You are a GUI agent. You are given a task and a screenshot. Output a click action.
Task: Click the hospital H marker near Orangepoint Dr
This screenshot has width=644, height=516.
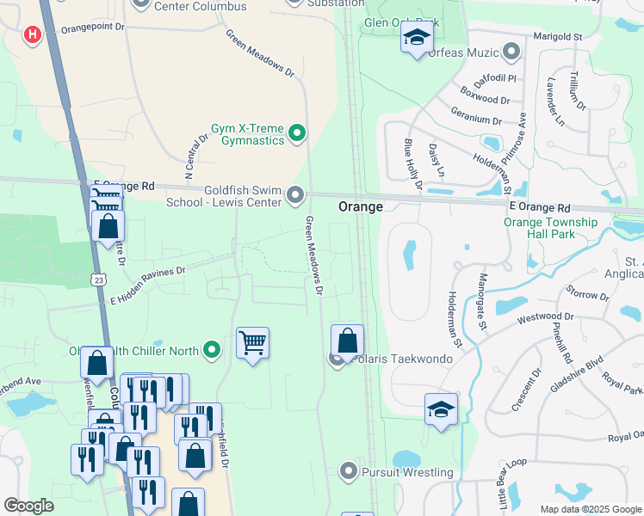pos(33,34)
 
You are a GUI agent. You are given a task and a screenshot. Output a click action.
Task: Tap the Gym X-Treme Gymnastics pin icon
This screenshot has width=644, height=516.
pos(297,132)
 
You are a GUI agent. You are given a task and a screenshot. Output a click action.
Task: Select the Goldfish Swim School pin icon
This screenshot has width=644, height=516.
pos(295,195)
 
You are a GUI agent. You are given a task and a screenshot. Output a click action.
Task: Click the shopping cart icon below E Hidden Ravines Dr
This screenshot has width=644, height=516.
pos(252,343)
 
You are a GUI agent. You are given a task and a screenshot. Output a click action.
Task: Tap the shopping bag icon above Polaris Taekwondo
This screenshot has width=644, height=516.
pos(347,340)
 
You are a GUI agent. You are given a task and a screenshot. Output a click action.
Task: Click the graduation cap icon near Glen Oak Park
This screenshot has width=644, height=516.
pos(418,38)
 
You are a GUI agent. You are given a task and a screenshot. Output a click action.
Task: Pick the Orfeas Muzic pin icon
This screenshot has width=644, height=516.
pos(512,52)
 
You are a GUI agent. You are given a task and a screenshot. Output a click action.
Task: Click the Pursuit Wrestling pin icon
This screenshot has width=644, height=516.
pos(348,471)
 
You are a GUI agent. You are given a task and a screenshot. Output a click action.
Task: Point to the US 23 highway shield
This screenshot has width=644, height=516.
pos(100,279)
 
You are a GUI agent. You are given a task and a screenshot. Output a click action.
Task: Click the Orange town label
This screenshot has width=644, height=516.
pos(360,206)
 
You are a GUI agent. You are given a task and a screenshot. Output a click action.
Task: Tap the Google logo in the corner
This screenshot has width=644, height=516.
pos(28,506)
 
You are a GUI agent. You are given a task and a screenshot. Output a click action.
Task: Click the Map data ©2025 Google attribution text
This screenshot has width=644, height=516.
pos(591,509)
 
